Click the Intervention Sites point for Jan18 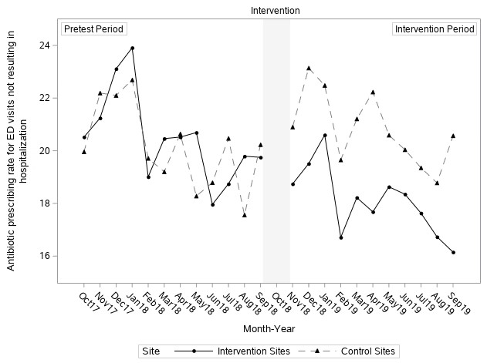coord(133,48)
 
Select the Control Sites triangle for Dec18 coord(309,68)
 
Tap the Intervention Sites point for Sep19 coord(453,252)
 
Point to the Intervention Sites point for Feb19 coord(341,237)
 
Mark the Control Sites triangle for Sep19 coord(453,136)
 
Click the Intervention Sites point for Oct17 coord(84,137)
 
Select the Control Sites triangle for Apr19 coord(373,92)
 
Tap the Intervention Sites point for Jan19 coord(325,135)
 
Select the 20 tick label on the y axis coord(48,151)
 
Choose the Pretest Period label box coord(93,29)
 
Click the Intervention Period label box coord(435,29)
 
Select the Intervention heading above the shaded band coord(276,11)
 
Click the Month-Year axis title coord(271,329)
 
